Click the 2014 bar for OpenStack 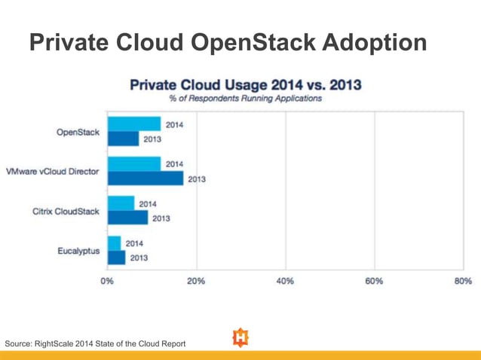click(x=134, y=124)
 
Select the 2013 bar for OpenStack click(x=124, y=139)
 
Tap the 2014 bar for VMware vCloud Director click(x=134, y=164)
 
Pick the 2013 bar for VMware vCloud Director click(x=146, y=178)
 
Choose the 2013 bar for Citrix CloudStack click(x=128, y=218)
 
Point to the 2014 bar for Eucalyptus click(x=115, y=243)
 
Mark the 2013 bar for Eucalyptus click(x=117, y=258)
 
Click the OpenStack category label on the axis click(x=78, y=132)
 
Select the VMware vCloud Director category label click(x=52, y=172)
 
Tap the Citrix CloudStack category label click(x=66, y=212)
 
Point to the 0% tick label click(x=108, y=281)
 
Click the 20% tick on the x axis click(x=196, y=281)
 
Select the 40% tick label click(x=285, y=281)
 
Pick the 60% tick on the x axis click(x=374, y=281)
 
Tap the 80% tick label click(x=462, y=281)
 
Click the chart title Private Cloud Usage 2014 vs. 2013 click(x=245, y=84)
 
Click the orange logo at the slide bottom click(x=240, y=337)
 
